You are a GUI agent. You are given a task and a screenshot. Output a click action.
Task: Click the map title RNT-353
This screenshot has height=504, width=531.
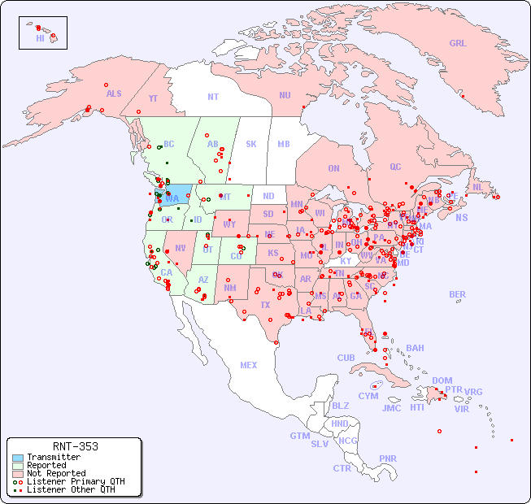[x=74, y=446]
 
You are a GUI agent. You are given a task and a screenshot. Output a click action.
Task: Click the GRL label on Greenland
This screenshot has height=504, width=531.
[x=458, y=44]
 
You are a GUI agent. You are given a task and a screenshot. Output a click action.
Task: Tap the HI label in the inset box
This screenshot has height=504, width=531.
[x=40, y=38]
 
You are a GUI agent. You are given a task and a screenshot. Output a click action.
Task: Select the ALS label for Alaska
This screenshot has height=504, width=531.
[x=114, y=93]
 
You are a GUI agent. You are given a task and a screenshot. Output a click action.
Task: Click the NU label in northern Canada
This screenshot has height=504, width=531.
[x=285, y=95]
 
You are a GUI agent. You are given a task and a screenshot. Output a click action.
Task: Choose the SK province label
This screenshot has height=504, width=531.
[x=251, y=144]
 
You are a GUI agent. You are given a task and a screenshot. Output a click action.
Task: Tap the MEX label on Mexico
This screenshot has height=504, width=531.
[x=249, y=365]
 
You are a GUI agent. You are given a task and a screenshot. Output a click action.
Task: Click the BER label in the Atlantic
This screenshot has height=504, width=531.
[x=457, y=294]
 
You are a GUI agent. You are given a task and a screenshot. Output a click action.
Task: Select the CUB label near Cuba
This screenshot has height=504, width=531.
[x=346, y=358]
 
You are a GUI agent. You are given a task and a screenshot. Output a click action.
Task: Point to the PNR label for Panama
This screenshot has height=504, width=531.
[x=388, y=458]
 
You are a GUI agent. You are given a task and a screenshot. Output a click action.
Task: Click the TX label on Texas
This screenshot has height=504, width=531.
[x=265, y=305]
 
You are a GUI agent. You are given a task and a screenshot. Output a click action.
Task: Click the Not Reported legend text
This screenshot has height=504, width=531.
[x=56, y=473]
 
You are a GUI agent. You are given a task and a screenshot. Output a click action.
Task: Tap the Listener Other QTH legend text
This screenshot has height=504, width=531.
[x=70, y=489]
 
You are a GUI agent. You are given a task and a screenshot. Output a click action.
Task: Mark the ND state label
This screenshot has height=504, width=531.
[x=268, y=196]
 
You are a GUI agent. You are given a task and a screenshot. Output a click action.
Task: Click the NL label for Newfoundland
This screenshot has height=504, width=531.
[x=478, y=187]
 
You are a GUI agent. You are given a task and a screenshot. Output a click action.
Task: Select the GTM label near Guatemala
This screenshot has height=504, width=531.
[x=299, y=436]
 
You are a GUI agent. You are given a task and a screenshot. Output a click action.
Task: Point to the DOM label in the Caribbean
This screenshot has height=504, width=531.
[x=442, y=380]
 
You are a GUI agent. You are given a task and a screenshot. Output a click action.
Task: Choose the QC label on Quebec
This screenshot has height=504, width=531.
[x=395, y=167]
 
